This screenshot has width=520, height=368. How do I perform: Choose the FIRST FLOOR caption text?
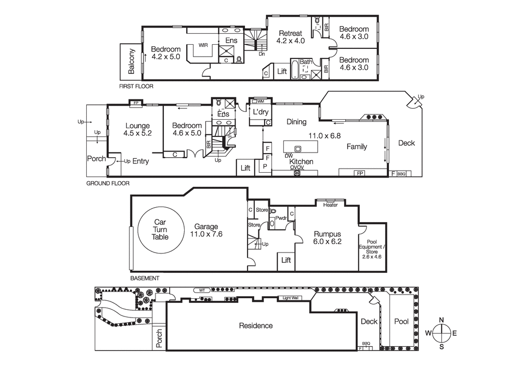click(136, 86)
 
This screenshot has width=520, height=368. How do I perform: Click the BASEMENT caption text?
click(145, 278)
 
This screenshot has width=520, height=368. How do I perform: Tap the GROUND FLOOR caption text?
click(108, 183)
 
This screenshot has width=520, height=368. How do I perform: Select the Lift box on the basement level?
click(285, 260)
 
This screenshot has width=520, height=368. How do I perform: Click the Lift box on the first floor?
click(282, 71)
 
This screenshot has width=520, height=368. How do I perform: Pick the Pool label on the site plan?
click(401, 322)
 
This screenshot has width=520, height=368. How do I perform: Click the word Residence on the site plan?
click(255, 326)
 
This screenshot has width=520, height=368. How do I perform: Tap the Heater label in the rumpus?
click(330, 205)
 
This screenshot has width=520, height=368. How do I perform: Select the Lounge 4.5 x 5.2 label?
click(137, 130)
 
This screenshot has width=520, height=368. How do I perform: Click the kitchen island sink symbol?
click(298, 147)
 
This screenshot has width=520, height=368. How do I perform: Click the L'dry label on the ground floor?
click(259, 112)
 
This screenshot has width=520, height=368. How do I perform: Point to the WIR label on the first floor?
click(203, 45)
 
